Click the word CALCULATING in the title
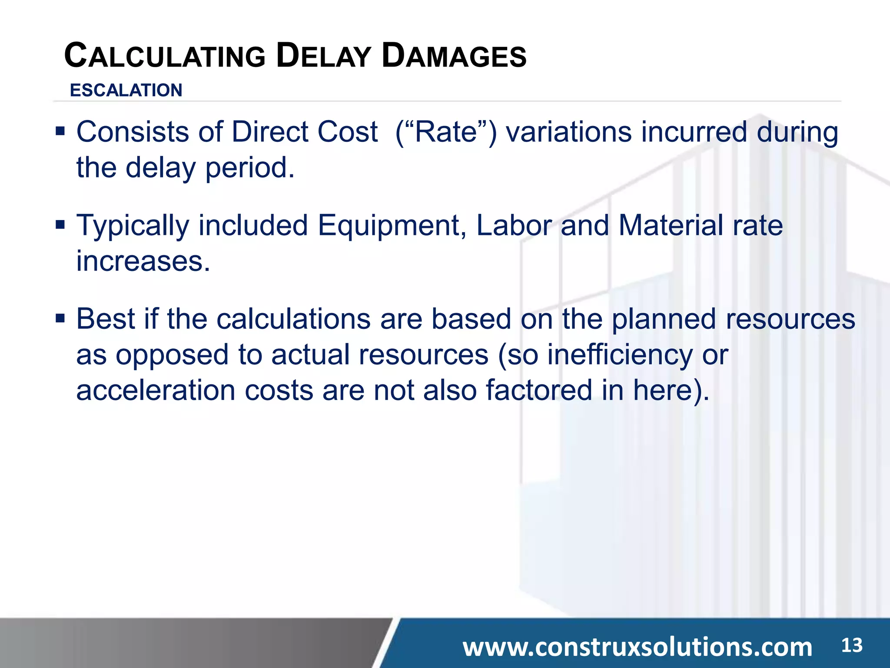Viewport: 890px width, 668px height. (x=165, y=57)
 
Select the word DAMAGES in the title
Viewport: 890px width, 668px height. (x=454, y=57)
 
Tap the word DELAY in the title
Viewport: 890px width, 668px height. (x=323, y=57)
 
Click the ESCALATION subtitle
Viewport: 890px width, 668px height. (x=126, y=90)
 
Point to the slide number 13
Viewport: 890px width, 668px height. (x=852, y=645)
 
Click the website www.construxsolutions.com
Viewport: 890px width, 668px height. (x=637, y=647)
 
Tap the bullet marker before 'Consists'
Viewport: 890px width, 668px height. (x=60, y=130)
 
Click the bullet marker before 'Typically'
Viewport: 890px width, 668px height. (x=60, y=224)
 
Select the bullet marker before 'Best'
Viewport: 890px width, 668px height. (x=60, y=318)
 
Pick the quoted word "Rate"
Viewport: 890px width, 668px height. (x=446, y=132)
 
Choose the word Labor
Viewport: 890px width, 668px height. (x=514, y=226)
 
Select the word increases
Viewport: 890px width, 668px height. (x=143, y=261)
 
